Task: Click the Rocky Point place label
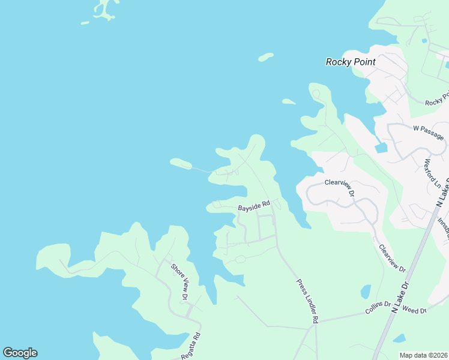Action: coord(351,62)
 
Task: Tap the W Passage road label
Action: coord(429,132)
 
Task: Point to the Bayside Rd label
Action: coord(254,207)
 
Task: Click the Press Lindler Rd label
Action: coord(306,302)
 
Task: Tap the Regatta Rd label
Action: coord(191,347)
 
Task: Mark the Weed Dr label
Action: coord(414,310)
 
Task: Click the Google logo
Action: coord(20,353)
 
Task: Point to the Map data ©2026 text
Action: coord(423,355)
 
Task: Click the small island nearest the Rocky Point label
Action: coord(265,58)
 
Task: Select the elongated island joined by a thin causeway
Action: coord(181,163)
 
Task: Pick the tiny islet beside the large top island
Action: coord(85,23)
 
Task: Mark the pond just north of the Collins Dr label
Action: coord(366,292)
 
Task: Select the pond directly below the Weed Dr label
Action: coord(399,338)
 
